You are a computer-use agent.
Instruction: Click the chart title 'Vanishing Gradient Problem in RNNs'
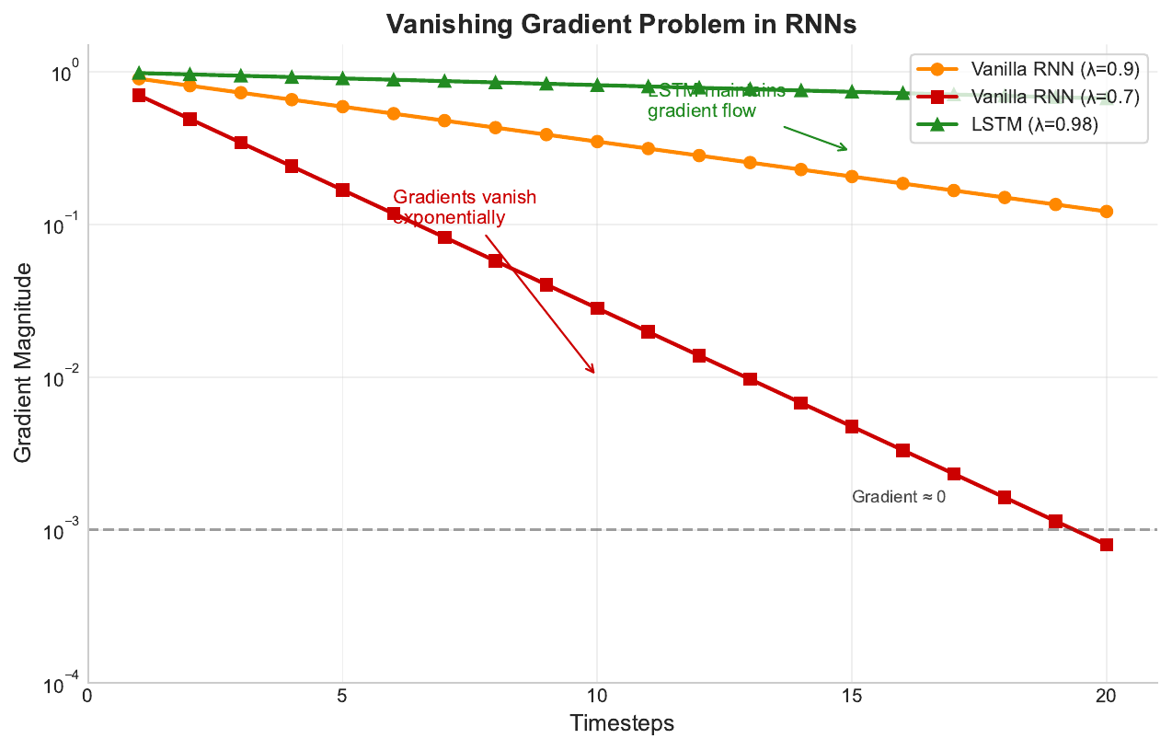(622, 25)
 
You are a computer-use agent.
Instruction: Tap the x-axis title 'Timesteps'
(622, 723)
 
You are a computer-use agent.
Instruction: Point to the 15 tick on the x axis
(852, 696)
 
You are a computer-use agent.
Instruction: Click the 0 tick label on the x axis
(87, 696)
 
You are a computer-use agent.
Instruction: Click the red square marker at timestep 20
(1107, 545)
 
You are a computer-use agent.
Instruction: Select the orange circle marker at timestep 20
(1107, 212)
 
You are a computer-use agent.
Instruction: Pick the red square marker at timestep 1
(139, 95)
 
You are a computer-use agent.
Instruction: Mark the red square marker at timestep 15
(852, 426)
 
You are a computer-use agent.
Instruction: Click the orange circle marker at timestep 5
(342, 107)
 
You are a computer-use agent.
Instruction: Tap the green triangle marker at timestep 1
(139, 73)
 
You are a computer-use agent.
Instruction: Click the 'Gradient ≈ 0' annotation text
(898, 497)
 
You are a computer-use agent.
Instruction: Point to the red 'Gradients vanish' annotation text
(465, 197)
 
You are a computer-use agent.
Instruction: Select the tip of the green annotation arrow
(847, 150)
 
